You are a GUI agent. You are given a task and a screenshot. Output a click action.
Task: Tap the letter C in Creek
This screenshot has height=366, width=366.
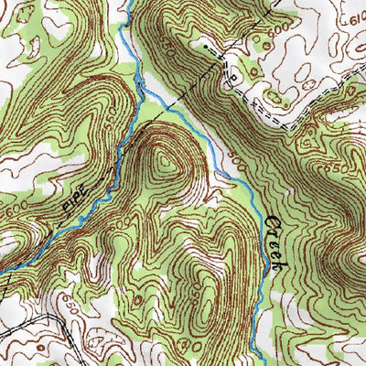272,221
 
